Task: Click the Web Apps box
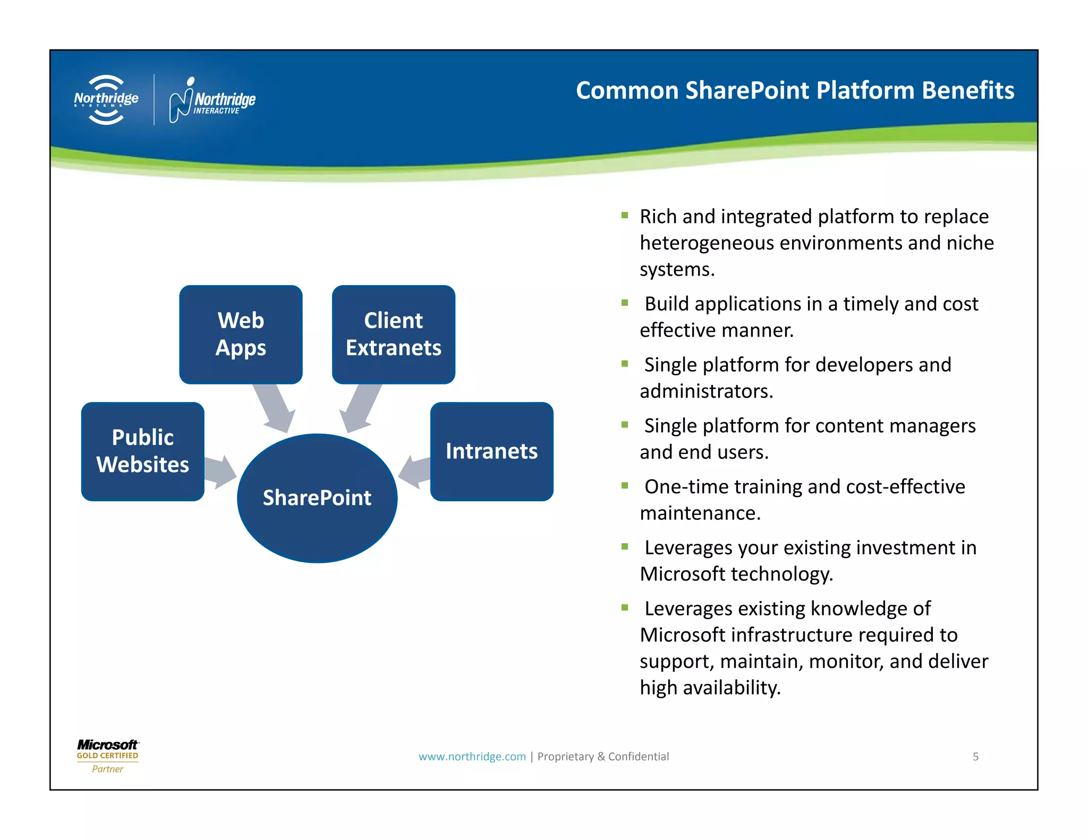point(241,335)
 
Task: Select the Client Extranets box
point(393,335)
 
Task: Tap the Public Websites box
point(142,451)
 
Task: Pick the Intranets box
point(491,451)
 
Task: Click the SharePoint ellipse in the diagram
point(317,498)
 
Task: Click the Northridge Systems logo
point(106,100)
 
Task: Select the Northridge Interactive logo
point(212,100)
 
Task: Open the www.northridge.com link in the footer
point(472,757)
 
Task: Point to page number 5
point(975,757)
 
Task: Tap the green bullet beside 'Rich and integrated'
point(625,216)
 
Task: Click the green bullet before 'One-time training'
point(625,485)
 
